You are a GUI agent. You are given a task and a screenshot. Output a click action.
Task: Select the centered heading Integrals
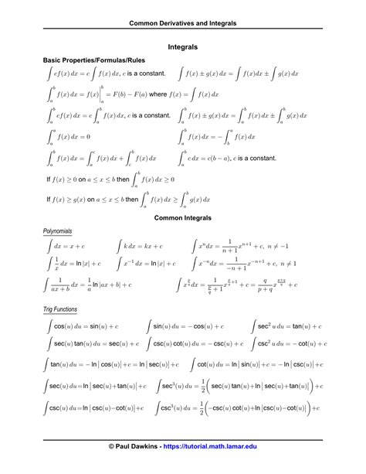(183, 47)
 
